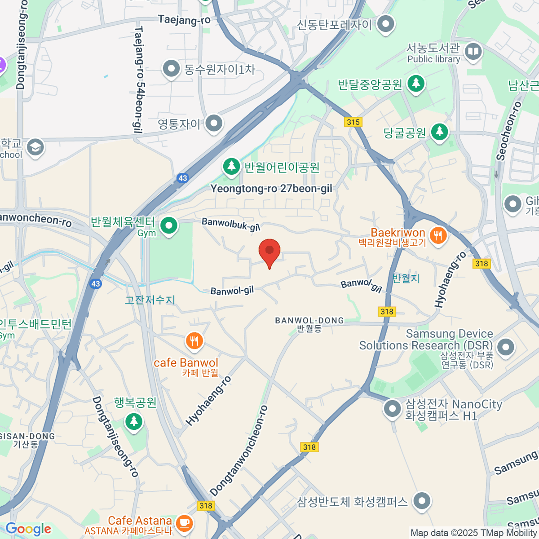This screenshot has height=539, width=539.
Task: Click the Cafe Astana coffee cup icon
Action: pos(183,522)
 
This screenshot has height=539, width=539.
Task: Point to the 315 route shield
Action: pos(353,122)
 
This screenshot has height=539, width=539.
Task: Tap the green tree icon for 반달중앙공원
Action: pos(416,84)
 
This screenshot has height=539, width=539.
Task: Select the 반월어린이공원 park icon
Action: pos(231,167)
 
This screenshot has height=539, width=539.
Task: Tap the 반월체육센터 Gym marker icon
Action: pos(169,226)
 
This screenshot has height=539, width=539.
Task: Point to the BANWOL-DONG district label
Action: pos(309,321)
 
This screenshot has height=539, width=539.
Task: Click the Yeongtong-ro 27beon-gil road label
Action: pos(271,189)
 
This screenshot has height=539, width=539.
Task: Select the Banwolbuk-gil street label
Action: pos(231,224)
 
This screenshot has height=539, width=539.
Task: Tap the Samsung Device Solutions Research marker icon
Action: pos(506,347)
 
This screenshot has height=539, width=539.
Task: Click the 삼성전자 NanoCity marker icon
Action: pos(393,409)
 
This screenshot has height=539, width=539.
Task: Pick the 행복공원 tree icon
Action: pos(133,421)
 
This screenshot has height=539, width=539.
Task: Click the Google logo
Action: pos(28,529)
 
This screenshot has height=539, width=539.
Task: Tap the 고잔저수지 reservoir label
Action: pos(150,300)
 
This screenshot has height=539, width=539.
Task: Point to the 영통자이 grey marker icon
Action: pos(214,123)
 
